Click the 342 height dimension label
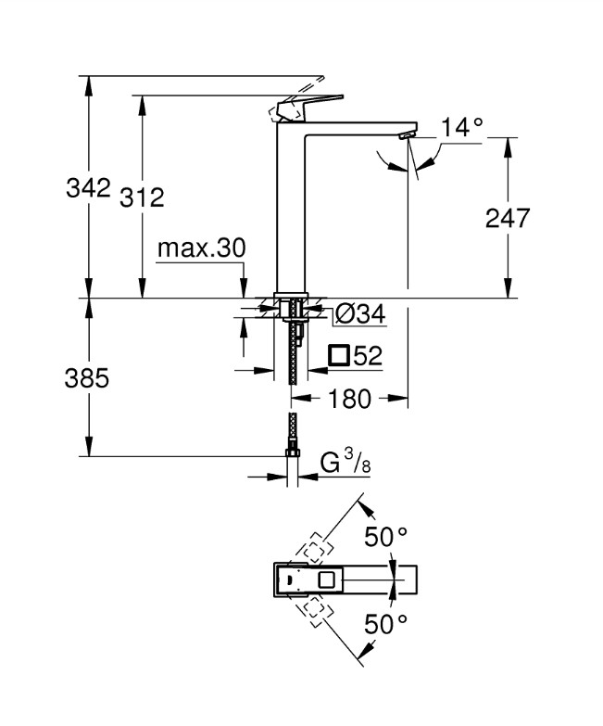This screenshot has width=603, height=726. (88, 188)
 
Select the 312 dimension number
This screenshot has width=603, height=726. (142, 197)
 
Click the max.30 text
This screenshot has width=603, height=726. (201, 248)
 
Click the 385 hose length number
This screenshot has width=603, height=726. (88, 378)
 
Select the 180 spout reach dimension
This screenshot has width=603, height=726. (350, 400)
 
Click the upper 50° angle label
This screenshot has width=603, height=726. (385, 538)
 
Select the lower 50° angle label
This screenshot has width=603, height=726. (385, 624)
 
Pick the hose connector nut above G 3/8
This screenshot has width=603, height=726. (292, 451)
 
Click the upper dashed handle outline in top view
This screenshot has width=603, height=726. (317, 547)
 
